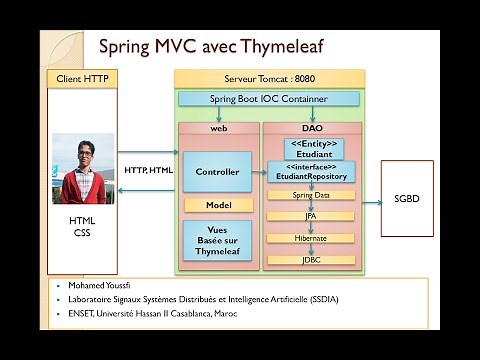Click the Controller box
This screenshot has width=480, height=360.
(218, 172)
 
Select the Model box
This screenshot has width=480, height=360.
(218, 205)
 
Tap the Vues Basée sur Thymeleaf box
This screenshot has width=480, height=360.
(218, 241)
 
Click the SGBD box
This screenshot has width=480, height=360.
(407, 198)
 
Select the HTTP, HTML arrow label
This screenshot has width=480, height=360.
(148, 171)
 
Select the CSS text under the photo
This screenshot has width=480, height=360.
(81, 233)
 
